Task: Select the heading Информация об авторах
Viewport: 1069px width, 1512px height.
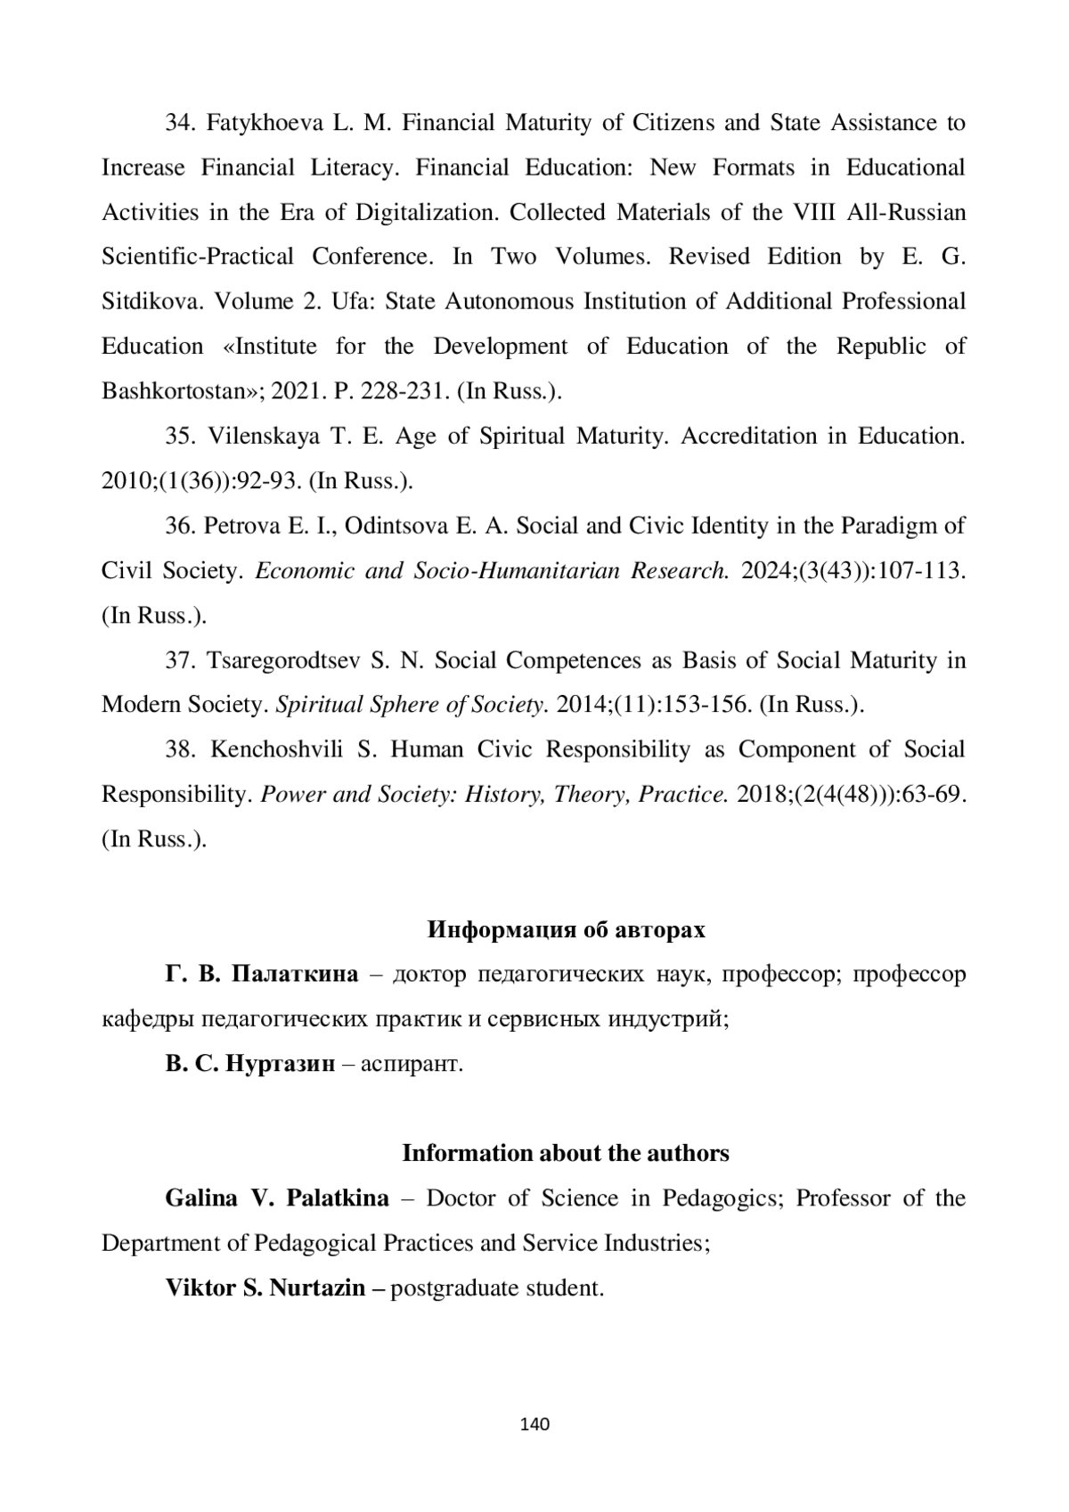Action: (x=566, y=930)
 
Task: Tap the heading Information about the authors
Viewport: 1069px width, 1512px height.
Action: (x=566, y=1154)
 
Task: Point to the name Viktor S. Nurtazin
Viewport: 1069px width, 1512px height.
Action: (x=265, y=1288)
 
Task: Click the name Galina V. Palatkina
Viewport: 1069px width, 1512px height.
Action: (x=277, y=1198)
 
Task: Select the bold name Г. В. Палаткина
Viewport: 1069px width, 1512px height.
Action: (x=262, y=975)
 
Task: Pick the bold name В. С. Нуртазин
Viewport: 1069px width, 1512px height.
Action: (x=250, y=1065)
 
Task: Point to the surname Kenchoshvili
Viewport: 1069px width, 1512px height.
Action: (x=278, y=750)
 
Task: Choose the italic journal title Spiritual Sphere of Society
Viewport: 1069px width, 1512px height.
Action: (x=412, y=706)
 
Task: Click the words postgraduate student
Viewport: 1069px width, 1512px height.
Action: (x=497, y=1288)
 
